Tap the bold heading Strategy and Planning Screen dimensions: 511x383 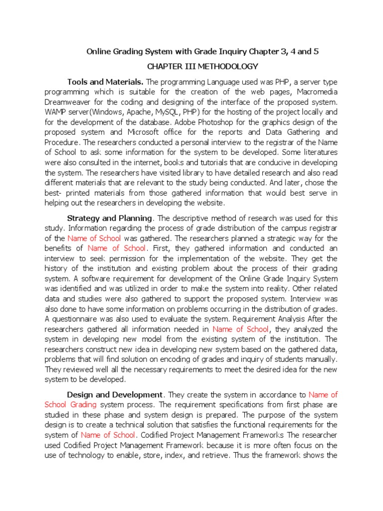click(x=109, y=218)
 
